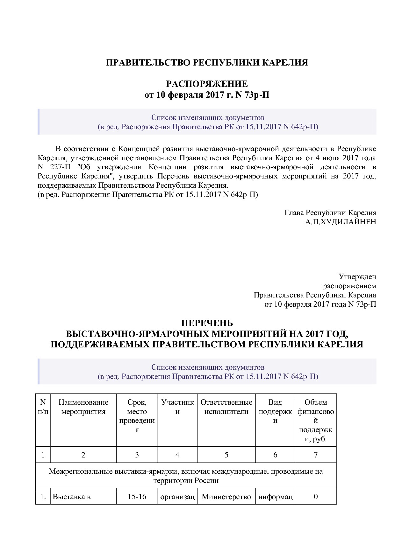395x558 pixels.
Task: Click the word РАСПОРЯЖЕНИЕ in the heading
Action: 207,84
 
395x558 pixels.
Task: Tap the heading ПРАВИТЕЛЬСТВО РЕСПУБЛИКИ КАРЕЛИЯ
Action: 207,63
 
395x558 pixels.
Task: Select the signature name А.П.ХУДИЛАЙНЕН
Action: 340,222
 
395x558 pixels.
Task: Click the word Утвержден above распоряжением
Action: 357,277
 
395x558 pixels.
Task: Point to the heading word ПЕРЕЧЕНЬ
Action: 207,323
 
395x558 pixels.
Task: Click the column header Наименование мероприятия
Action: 83,407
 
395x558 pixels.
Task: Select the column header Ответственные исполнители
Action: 226,407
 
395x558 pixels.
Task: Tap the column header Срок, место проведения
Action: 137,416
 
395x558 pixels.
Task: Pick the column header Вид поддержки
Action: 275,411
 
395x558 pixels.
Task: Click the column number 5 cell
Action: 226,455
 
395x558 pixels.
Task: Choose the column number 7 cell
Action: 316,455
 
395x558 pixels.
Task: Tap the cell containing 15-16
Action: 137,497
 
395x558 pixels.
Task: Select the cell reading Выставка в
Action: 72,497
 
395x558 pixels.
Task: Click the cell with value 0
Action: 316,497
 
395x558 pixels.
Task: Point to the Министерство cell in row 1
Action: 226,497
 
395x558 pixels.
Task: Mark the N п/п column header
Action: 43,407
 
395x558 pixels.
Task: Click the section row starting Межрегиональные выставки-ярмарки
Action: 186,476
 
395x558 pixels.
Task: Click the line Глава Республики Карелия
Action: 330,213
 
